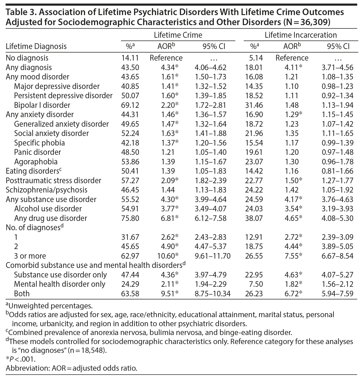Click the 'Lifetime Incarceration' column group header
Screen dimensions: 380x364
click(301, 35)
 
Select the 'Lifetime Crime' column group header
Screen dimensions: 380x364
click(178, 35)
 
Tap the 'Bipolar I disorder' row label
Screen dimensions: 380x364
click(42, 105)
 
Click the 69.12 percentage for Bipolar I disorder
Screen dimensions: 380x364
click(130, 105)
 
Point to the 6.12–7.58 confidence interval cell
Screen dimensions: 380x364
click(210, 218)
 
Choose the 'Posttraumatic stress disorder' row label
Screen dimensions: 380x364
click(53, 180)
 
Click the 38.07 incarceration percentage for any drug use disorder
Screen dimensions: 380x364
click(254, 218)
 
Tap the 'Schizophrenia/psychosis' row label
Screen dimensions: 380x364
click(47, 190)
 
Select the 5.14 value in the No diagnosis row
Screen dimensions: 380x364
click(256, 58)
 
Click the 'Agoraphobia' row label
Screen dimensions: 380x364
click(36, 162)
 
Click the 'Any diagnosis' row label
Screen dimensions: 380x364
click(29, 67)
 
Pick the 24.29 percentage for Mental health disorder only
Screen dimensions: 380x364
click(130, 284)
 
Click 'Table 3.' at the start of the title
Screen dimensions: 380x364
click(19, 13)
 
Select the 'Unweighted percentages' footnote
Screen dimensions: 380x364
click(49, 306)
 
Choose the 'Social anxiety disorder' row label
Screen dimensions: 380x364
click(51, 133)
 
